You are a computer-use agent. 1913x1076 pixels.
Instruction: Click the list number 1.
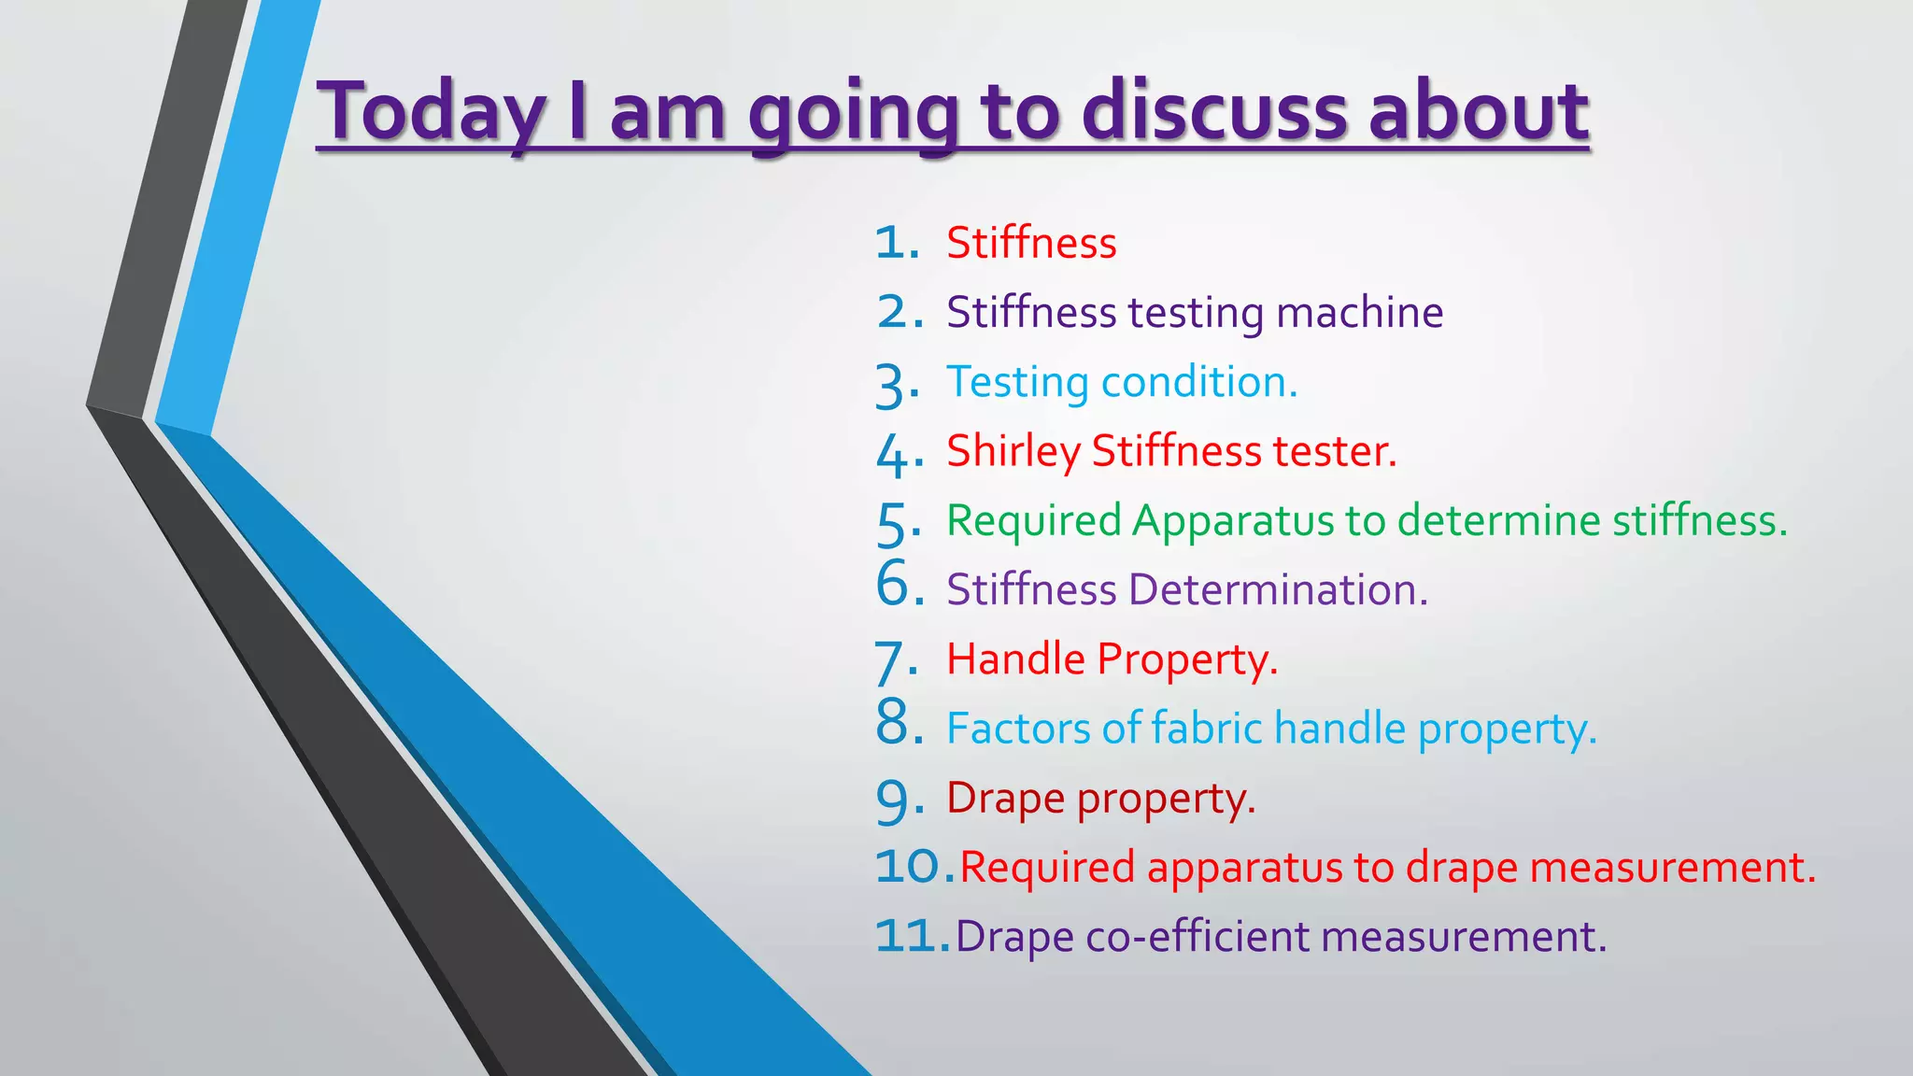(x=895, y=244)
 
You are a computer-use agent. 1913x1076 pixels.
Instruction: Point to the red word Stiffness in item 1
(x=1031, y=244)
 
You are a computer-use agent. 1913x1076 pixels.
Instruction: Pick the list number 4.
(x=895, y=455)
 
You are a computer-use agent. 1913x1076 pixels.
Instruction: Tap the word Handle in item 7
(x=1015, y=659)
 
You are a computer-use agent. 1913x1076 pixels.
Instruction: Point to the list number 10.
(x=910, y=867)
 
